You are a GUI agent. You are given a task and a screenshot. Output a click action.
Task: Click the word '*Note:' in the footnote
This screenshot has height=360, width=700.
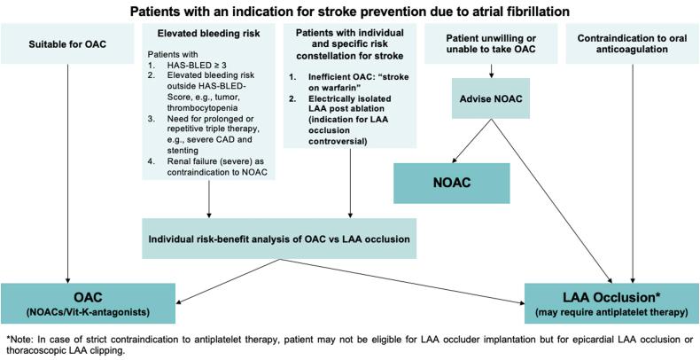pos(19,339)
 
